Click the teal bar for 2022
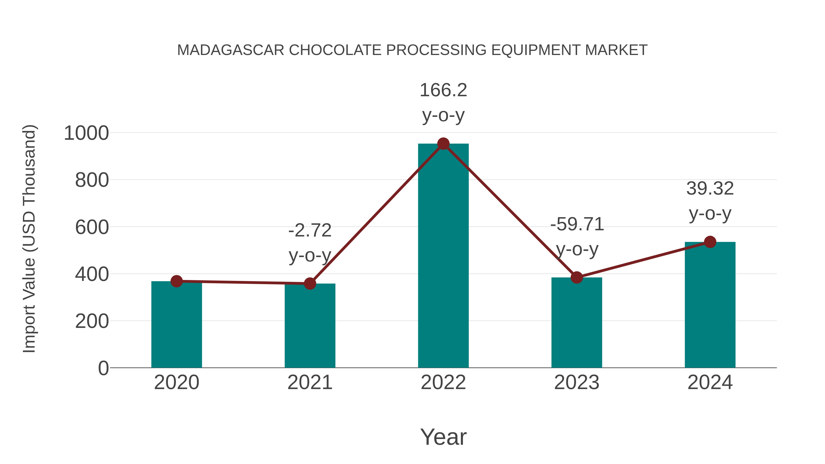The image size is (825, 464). tap(443, 256)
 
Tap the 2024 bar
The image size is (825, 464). tap(710, 304)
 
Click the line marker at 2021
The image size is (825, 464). tap(310, 283)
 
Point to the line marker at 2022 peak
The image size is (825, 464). tap(443, 144)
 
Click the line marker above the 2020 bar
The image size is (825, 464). tap(176, 281)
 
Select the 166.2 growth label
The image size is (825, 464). tap(443, 90)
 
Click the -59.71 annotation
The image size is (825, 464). tap(577, 224)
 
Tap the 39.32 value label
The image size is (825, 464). tap(710, 189)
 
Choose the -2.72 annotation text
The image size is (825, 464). tap(310, 231)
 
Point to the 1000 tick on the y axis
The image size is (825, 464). tap(86, 133)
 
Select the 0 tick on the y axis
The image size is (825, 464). tap(103, 368)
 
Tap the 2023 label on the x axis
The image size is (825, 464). tap(577, 382)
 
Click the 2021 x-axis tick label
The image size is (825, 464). tap(310, 382)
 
